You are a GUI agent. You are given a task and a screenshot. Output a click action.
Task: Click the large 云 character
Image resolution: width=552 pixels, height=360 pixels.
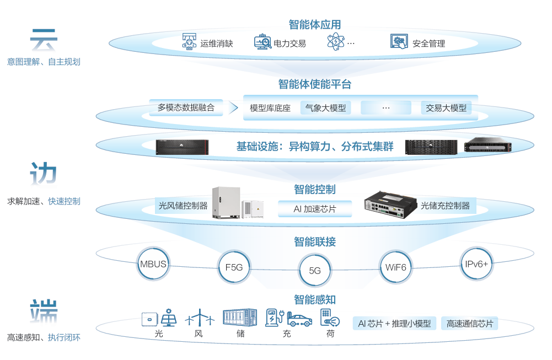pyautogui.click(x=44, y=41)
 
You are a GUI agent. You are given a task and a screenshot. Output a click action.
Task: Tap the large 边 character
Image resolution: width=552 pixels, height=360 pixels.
pyautogui.click(x=44, y=175)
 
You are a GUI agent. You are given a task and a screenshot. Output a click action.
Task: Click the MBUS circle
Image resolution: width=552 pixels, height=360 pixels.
pyautogui.click(x=153, y=264)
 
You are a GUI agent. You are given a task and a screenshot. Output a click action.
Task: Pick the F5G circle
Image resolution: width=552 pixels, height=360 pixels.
pyautogui.click(x=234, y=268)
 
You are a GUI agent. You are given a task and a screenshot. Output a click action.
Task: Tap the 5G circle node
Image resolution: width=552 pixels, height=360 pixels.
pyautogui.click(x=315, y=271)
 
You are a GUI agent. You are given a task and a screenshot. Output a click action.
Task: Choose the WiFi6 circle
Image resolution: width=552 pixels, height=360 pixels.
pyautogui.click(x=395, y=267)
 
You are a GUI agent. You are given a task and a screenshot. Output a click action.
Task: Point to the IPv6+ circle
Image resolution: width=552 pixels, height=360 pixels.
pyautogui.click(x=476, y=264)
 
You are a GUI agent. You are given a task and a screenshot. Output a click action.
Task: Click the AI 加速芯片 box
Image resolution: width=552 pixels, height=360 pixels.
pyautogui.click(x=315, y=209)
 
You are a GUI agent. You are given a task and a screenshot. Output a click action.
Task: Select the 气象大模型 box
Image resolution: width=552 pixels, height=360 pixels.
pyautogui.click(x=326, y=108)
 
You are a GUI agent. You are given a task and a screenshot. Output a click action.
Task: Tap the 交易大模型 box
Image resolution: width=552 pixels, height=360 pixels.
pyautogui.click(x=446, y=108)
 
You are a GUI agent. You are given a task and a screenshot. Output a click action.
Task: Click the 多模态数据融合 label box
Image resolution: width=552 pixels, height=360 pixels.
pyautogui.click(x=186, y=108)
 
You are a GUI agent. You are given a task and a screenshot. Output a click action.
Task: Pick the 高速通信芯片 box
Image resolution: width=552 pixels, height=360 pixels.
pyautogui.click(x=470, y=324)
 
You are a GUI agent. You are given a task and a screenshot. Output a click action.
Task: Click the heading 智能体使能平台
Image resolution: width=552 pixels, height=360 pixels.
pyautogui.click(x=315, y=84)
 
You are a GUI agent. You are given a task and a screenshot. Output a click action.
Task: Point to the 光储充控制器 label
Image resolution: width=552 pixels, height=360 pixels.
pyautogui.click(x=445, y=206)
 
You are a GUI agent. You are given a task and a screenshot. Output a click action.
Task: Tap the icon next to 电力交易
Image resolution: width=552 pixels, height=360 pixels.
pyautogui.click(x=262, y=42)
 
